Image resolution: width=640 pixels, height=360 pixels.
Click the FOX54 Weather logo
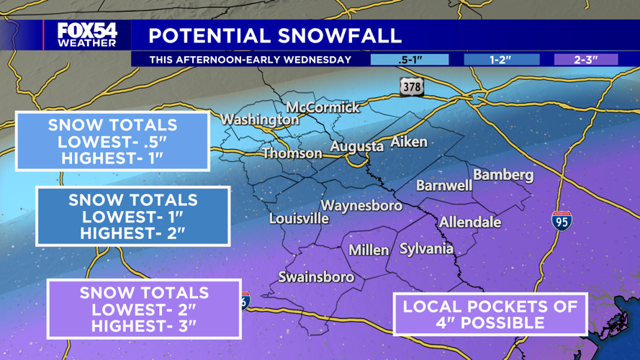tap(86, 34)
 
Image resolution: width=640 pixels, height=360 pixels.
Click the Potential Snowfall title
tap(275, 35)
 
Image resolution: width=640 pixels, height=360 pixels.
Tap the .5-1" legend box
tap(409, 60)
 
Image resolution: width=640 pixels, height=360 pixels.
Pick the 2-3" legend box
tap(585, 60)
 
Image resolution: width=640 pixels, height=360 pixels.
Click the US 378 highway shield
tap(412, 86)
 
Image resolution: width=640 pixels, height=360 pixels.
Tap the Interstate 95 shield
tap(562, 221)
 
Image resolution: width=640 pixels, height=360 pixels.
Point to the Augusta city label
tap(356, 147)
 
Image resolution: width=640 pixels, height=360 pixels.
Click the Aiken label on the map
tap(409, 142)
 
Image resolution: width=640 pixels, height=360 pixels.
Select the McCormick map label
tap(323, 107)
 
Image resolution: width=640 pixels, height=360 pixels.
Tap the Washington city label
tap(259, 120)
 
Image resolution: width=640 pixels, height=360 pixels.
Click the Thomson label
tap(292, 153)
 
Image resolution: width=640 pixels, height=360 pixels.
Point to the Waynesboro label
tap(361, 206)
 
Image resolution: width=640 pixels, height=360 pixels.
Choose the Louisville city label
tap(299, 218)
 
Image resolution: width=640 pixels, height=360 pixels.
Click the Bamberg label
tap(503, 175)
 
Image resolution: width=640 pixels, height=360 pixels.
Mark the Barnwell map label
tap(444, 186)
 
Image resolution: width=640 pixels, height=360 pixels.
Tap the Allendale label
tap(470, 222)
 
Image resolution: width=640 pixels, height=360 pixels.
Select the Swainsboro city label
tap(316, 277)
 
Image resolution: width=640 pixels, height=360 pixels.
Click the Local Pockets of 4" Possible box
tap(490, 314)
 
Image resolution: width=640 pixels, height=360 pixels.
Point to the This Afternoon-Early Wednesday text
tap(251, 60)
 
